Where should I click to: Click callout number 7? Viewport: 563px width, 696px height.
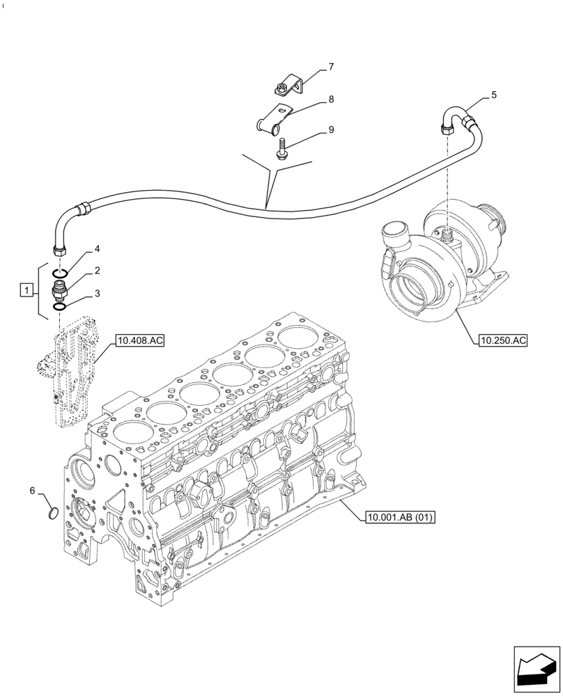[x=331, y=68]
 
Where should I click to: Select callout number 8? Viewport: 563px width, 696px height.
[x=331, y=100]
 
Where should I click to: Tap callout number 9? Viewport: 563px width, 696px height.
[x=331, y=130]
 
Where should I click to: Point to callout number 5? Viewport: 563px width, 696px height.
[x=493, y=95]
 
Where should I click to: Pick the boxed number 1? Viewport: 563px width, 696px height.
[x=26, y=290]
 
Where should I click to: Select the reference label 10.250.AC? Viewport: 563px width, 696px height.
[x=503, y=340]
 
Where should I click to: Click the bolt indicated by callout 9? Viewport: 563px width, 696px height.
[x=282, y=149]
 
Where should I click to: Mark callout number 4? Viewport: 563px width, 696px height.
[x=98, y=248]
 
